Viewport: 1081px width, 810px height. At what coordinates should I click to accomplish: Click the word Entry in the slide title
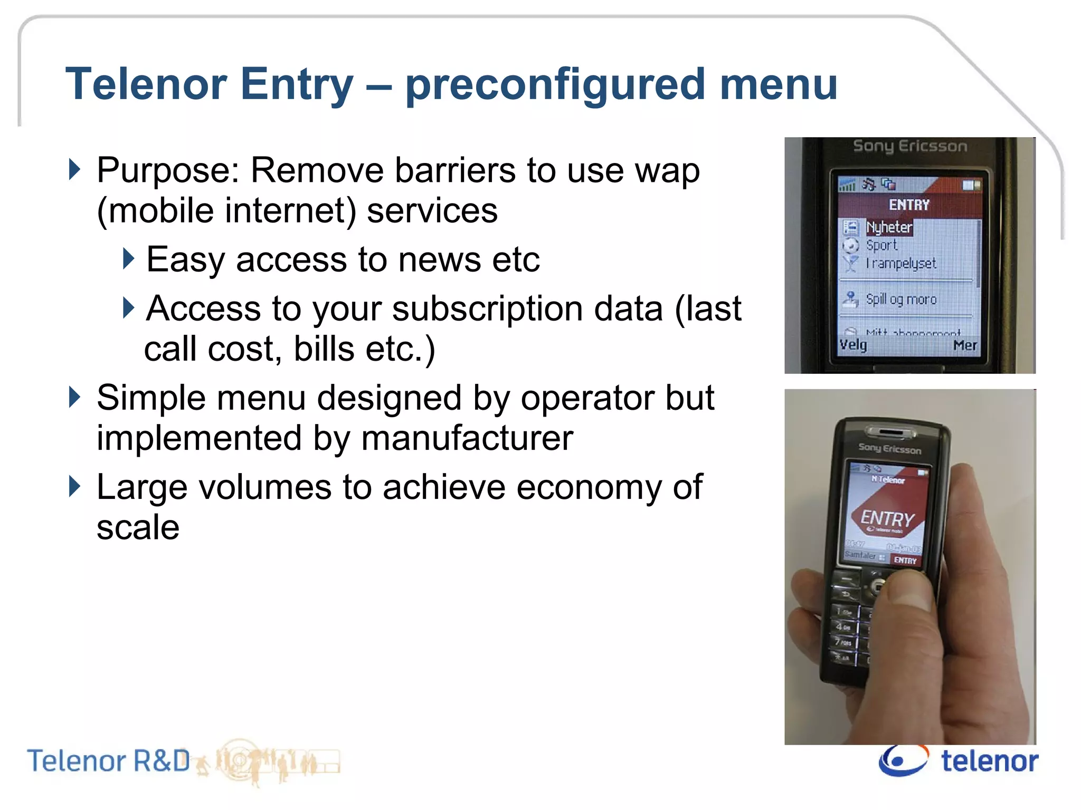[297, 84]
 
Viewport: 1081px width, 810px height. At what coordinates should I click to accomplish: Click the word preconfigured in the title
[555, 84]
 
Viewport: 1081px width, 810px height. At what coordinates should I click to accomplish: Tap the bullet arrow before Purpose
[75, 170]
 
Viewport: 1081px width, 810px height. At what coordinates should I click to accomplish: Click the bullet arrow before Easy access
[128, 258]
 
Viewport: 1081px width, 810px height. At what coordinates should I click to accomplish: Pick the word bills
[324, 349]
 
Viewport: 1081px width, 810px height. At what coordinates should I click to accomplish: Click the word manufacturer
[467, 438]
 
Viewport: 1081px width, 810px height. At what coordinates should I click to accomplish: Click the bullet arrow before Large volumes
[75, 486]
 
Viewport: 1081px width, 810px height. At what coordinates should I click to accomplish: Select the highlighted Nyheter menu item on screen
[889, 227]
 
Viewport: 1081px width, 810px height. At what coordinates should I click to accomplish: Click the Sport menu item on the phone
[881, 245]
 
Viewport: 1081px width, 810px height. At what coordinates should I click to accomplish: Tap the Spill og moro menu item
[901, 300]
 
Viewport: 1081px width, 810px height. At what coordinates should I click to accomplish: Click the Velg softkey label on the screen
[853, 345]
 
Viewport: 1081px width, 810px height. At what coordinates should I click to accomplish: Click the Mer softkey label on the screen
[965, 345]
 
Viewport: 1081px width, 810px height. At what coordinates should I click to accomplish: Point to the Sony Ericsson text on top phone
[909, 146]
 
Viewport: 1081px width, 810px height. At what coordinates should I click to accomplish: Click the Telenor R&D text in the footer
[108, 761]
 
